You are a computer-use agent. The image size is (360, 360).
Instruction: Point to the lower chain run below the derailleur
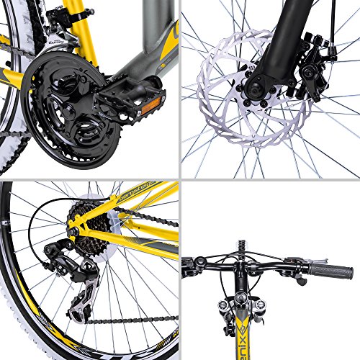pyautogui.click(x=130, y=317)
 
